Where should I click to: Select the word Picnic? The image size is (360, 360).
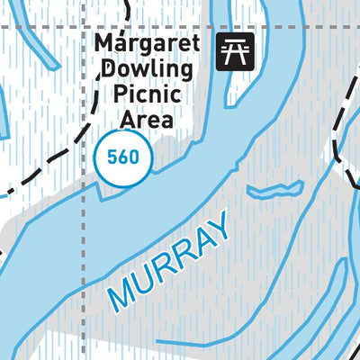(146, 94)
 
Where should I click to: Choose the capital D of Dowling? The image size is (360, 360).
(109, 70)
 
